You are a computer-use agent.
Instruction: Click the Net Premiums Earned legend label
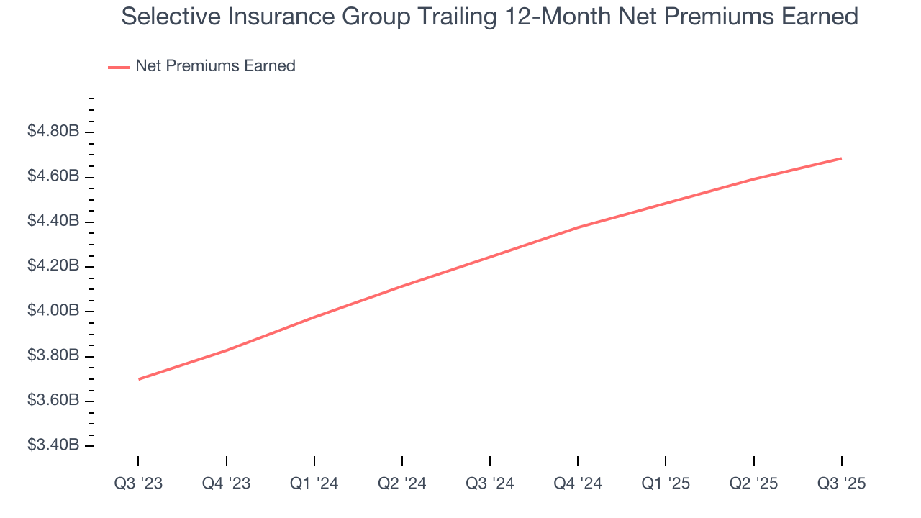click(215, 66)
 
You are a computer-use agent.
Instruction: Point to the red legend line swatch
click(119, 67)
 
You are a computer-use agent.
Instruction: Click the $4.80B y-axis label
click(53, 132)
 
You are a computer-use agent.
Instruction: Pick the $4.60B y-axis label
click(53, 176)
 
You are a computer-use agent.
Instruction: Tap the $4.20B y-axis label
click(53, 266)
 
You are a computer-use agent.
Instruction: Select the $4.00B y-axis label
click(53, 311)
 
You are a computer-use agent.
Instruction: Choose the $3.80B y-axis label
click(53, 355)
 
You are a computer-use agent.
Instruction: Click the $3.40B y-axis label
click(53, 445)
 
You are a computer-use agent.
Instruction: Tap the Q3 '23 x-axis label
click(138, 483)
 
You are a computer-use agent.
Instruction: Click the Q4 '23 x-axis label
click(226, 483)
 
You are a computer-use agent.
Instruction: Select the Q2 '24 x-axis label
click(401, 483)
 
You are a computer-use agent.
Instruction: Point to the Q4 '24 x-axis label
click(578, 483)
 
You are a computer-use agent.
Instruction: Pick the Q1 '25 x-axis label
click(666, 483)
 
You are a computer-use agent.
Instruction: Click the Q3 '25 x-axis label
click(841, 483)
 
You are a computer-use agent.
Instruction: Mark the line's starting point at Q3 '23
click(138, 379)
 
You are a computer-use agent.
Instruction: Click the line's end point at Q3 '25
click(841, 158)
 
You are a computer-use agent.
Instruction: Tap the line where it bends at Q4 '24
click(578, 227)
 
